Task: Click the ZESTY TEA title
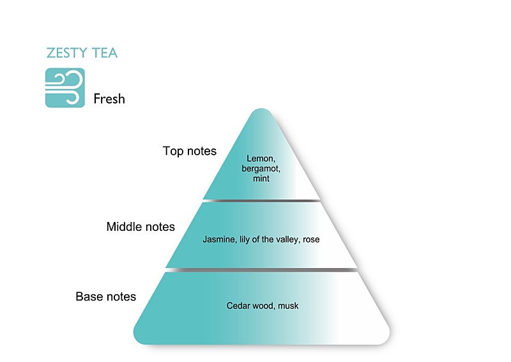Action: click(x=82, y=53)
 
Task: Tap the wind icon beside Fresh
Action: click(x=65, y=87)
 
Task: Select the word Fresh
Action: click(x=109, y=99)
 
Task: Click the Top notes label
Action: click(x=190, y=152)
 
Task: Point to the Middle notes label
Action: click(x=141, y=227)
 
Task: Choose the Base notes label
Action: click(x=106, y=297)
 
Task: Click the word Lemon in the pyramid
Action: click(x=261, y=159)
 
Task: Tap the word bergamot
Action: click(x=261, y=169)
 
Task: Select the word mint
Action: click(x=261, y=179)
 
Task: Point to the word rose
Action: click(x=312, y=240)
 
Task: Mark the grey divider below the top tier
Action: click(x=261, y=201)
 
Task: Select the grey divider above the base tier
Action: click(x=261, y=270)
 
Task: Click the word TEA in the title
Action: click(x=103, y=53)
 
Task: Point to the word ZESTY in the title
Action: click(x=67, y=53)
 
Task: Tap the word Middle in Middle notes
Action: click(x=125, y=227)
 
